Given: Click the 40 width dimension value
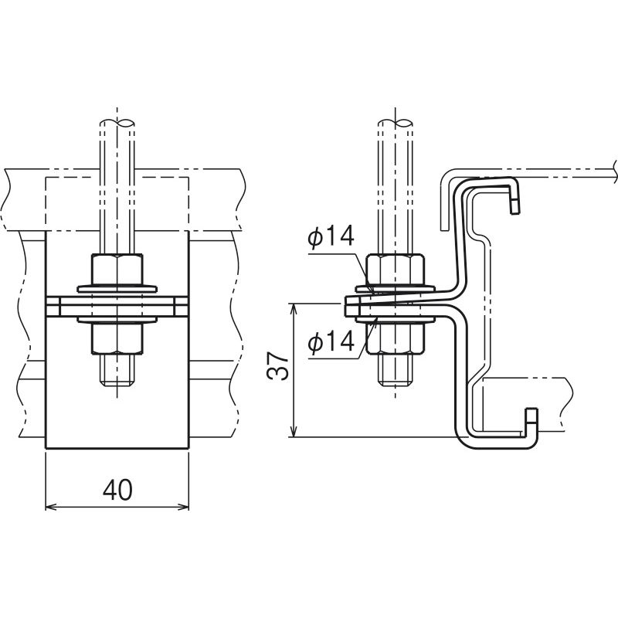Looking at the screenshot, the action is coord(117,491).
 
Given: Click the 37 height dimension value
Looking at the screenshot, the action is coord(278,366).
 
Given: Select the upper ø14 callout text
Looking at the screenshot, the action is coord(331,236).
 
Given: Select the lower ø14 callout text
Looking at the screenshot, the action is coord(331,341).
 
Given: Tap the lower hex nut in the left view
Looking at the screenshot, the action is coord(117,338).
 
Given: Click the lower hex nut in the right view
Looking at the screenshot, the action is coord(396,338).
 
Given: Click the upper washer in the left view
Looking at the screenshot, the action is coord(117,288).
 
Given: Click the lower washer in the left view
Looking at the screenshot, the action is coord(117,319).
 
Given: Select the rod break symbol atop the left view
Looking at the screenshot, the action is coord(117,123).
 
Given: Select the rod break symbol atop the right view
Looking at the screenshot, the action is coord(396,123).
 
